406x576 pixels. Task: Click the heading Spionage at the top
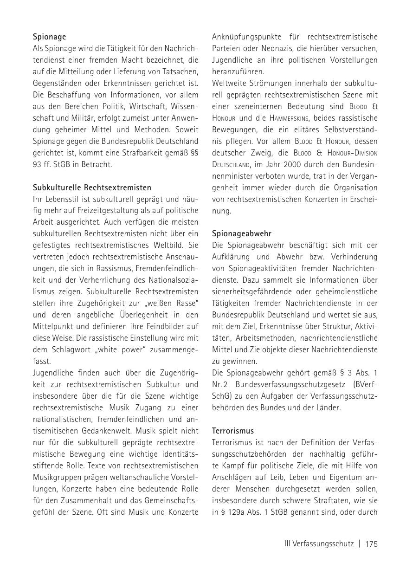point(49,37)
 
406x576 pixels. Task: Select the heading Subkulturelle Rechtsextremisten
point(92,188)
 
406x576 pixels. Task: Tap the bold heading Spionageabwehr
point(241,234)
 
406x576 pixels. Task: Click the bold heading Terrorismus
point(233,431)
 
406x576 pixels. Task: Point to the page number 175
point(371,544)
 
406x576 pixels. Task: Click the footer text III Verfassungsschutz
point(319,544)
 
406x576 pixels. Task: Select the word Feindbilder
point(163,327)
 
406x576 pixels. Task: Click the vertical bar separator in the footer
point(359,544)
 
